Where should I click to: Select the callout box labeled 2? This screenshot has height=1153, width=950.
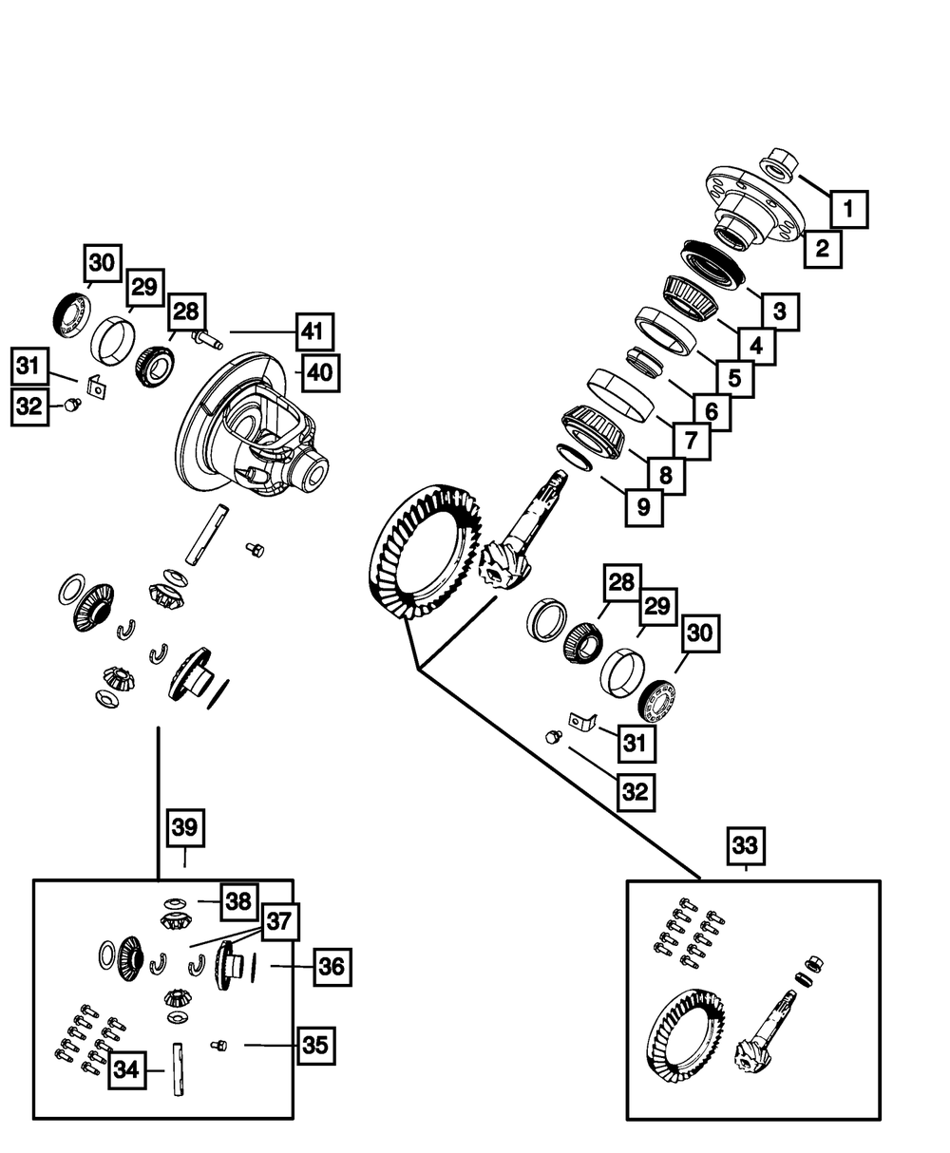(823, 249)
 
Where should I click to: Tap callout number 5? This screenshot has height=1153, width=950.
(734, 379)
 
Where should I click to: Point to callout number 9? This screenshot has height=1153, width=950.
(644, 507)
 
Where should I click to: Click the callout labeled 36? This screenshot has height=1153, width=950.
(332, 967)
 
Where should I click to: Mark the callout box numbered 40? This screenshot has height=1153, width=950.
(320, 372)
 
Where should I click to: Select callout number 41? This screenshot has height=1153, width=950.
(314, 331)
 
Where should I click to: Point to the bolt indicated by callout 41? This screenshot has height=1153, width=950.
(206, 337)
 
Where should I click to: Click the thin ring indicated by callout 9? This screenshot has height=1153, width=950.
(574, 458)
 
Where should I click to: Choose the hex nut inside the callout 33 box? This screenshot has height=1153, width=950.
(815, 964)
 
